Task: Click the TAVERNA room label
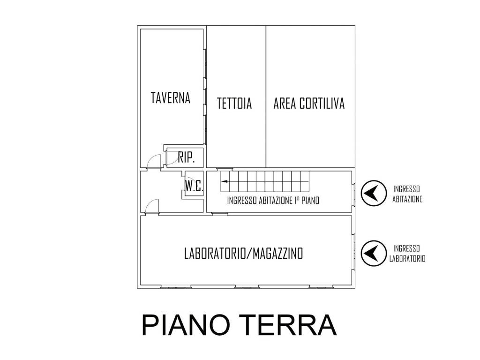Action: pos(171,97)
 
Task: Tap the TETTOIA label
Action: pos(234,103)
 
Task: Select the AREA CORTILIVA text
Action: pos(309,103)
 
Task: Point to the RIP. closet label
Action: pos(187,157)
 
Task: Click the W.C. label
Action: pos(194,185)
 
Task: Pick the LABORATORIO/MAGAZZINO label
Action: pos(244,254)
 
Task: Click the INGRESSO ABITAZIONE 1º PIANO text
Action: pos(273,201)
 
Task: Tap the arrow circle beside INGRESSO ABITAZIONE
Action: pos(374,193)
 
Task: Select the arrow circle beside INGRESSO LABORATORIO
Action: pos(374,253)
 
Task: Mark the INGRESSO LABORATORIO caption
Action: pos(407,254)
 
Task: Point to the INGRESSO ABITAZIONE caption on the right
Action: pos(407,194)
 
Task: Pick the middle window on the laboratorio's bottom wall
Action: pos(247,287)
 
